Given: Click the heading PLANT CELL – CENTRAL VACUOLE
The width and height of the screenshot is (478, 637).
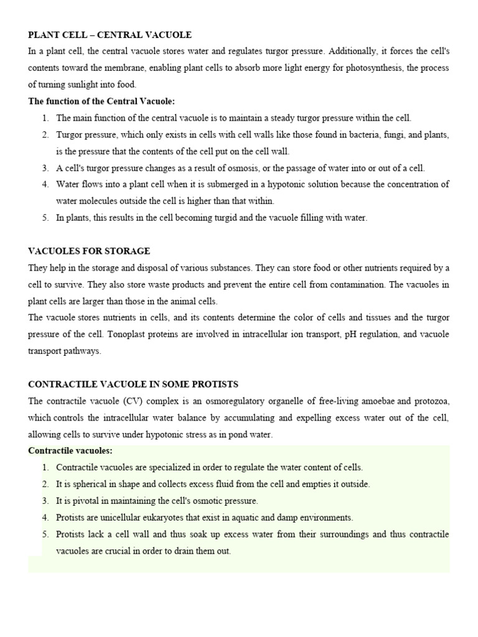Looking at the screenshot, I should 110,35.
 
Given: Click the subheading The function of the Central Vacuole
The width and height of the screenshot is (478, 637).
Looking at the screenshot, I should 101,101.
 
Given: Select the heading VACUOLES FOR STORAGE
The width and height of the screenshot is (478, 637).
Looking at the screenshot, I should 89,251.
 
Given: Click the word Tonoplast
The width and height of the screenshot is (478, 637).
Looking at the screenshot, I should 129,335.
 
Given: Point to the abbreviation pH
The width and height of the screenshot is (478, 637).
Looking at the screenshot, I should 342,335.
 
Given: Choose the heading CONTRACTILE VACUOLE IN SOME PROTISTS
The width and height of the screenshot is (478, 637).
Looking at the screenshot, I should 133,384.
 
